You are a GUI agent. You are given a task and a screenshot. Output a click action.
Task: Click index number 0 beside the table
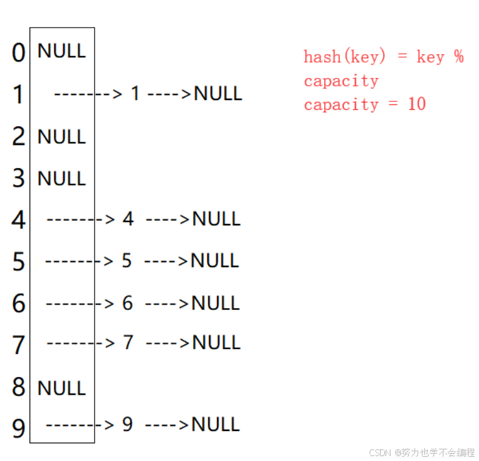click(x=18, y=53)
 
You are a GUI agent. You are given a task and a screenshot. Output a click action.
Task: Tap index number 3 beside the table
click(x=18, y=179)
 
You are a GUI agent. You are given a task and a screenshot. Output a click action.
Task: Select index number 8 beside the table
click(x=18, y=387)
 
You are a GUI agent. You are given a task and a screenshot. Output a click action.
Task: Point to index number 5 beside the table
click(x=18, y=262)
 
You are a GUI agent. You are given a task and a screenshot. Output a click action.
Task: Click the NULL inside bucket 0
click(x=61, y=51)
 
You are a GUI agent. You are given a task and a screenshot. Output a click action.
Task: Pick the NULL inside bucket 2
click(x=61, y=137)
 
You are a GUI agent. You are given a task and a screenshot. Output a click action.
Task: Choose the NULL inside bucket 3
click(x=61, y=179)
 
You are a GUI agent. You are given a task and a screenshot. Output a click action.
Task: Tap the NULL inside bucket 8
click(x=61, y=388)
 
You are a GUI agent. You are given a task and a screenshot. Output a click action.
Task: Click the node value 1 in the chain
click(x=135, y=93)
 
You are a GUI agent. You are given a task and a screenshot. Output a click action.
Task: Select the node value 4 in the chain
click(x=128, y=219)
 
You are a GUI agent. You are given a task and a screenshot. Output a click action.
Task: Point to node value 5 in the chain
click(x=127, y=261)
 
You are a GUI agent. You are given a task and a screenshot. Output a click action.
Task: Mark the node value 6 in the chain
click(x=127, y=303)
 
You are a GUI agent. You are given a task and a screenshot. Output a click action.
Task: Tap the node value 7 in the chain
click(x=128, y=343)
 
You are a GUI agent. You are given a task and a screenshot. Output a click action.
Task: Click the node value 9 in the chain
click(x=127, y=424)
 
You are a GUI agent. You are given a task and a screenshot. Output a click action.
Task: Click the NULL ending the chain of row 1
click(x=218, y=94)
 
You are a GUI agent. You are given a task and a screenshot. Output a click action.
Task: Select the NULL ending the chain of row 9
click(x=216, y=424)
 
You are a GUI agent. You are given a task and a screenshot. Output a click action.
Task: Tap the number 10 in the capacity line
click(x=416, y=104)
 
